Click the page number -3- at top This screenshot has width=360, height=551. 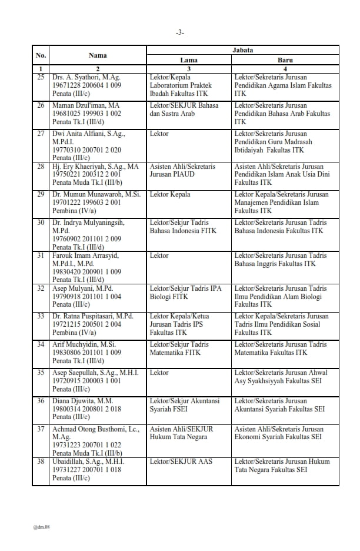click(180, 32)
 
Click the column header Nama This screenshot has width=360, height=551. click(98, 55)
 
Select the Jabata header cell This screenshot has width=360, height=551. click(243, 51)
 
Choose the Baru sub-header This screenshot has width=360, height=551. click(285, 60)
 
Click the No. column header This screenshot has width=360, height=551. click(41, 55)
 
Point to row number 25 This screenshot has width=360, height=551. click(41, 77)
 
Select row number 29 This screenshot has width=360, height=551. click(41, 194)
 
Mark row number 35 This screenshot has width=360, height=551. click(41, 373)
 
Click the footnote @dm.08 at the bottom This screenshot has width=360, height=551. click(42, 527)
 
